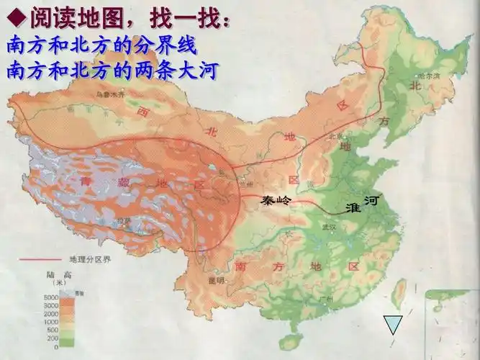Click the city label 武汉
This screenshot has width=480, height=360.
click(x=330, y=227)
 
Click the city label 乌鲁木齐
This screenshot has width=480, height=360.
click(x=111, y=94)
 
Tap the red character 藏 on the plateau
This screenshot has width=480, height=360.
click(x=124, y=183)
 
